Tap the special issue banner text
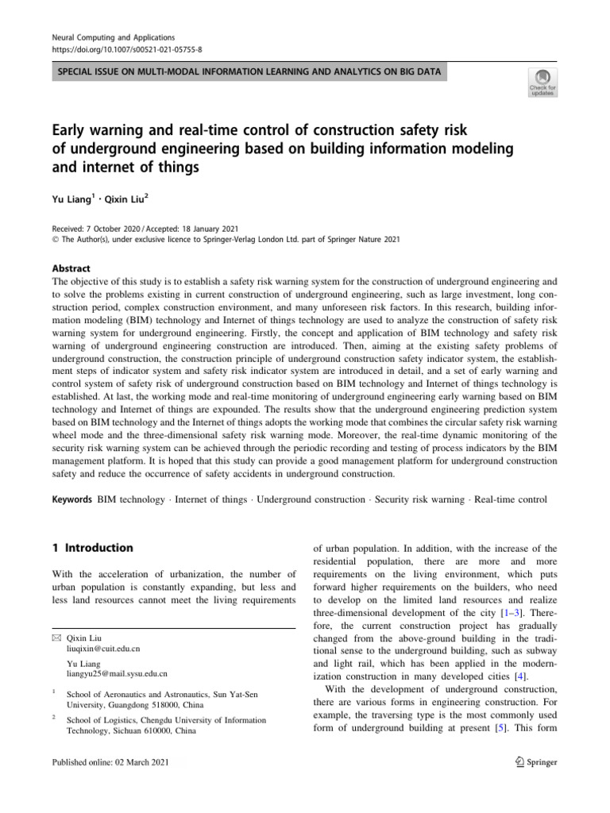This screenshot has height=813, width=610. click(x=245, y=73)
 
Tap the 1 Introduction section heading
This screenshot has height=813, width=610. click(x=92, y=547)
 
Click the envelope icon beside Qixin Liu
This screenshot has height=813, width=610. click(x=56, y=638)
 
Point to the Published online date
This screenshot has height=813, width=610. click(x=110, y=762)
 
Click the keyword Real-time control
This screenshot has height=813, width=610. click(x=511, y=500)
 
